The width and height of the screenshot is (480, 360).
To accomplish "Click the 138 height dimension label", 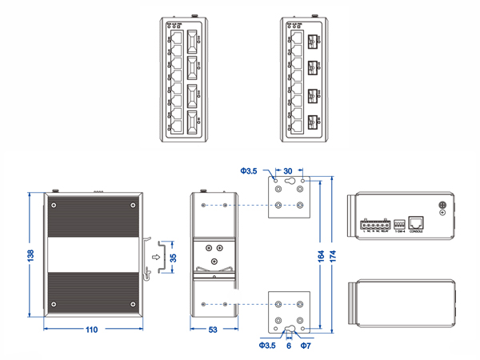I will tap(31, 254).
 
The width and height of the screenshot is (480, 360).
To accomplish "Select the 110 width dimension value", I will tap(93, 329).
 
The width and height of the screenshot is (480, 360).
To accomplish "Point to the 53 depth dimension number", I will tap(212, 329).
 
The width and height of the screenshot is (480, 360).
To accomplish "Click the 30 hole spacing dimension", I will tap(288, 170).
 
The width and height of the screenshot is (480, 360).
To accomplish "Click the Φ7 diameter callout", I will tap(305, 346).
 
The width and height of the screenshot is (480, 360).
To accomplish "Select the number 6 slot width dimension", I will tap(288, 346).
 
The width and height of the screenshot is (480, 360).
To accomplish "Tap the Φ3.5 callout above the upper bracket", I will tap(249, 170).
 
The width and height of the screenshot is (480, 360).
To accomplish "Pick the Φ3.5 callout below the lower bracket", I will tap(268, 346).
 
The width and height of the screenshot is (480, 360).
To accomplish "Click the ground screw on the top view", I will tap(443, 206).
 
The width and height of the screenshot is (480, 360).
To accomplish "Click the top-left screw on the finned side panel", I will tap(54, 206).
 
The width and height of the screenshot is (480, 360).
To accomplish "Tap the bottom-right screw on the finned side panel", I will tap(132, 304).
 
